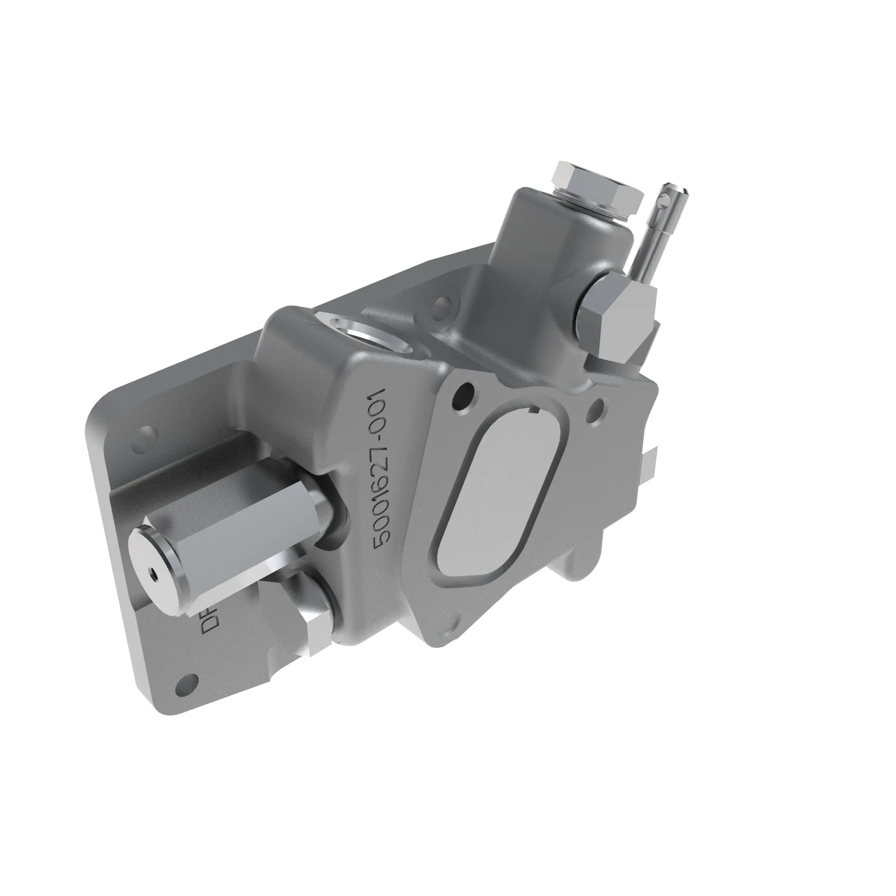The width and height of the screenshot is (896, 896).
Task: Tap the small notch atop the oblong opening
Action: (x=533, y=409)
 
